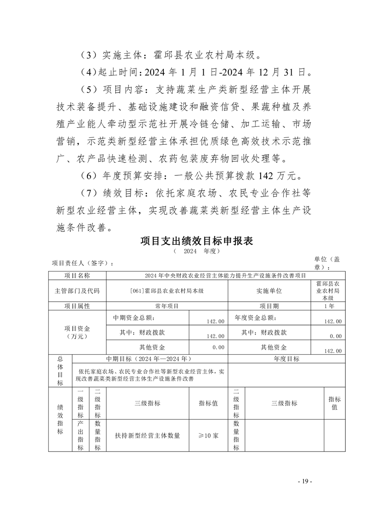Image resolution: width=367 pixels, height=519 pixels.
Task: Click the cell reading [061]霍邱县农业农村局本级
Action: point(167,291)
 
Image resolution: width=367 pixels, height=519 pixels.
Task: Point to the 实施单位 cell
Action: point(269,291)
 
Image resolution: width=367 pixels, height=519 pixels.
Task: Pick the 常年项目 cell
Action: point(167,306)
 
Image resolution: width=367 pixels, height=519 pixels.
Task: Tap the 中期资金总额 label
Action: point(135,318)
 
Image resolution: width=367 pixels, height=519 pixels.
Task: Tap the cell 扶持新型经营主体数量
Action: point(147,436)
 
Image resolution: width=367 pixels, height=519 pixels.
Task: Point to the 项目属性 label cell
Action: point(77,306)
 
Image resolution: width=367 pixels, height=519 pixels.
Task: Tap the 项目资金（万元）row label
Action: point(77,333)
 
